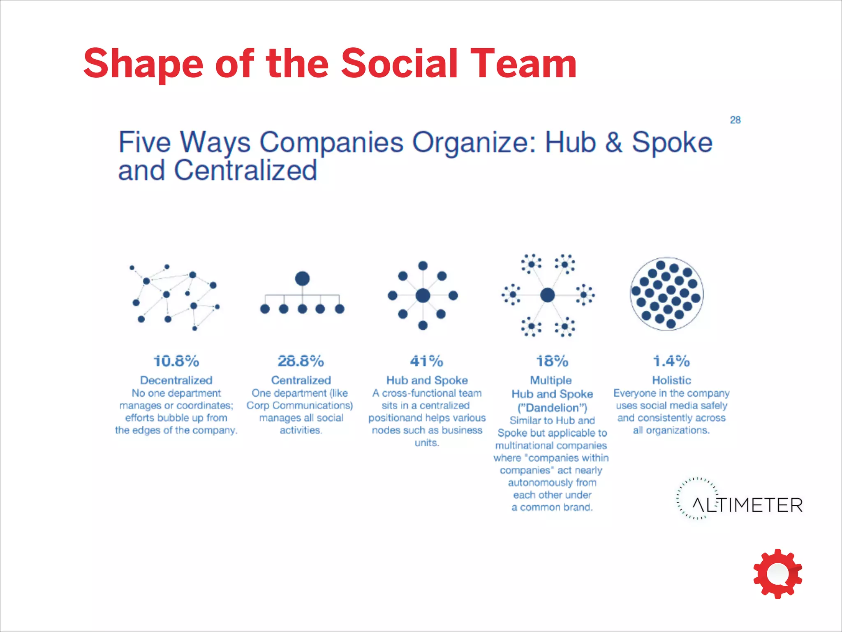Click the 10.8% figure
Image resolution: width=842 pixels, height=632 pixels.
[176, 361]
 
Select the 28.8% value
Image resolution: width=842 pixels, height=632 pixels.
[301, 361]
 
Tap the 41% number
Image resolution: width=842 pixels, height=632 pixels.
[426, 361]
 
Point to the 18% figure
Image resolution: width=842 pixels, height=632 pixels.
[552, 361]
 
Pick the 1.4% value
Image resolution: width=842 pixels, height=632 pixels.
[671, 361]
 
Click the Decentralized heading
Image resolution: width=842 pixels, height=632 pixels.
[176, 380]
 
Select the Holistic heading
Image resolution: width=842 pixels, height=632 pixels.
[671, 380]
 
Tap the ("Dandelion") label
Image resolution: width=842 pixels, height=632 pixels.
[552, 408]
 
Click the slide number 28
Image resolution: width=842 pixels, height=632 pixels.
[735, 120]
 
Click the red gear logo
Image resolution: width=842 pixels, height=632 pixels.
[777, 574]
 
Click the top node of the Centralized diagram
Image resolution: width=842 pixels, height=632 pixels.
[302, 279]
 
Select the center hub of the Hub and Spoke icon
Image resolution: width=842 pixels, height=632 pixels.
[423, 295]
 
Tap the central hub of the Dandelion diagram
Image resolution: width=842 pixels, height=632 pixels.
[547, 295]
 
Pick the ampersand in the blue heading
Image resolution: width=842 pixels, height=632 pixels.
[614, 143]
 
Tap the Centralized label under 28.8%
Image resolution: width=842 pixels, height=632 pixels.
[301, 380]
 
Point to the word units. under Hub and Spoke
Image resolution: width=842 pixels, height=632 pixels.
[427, 443]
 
